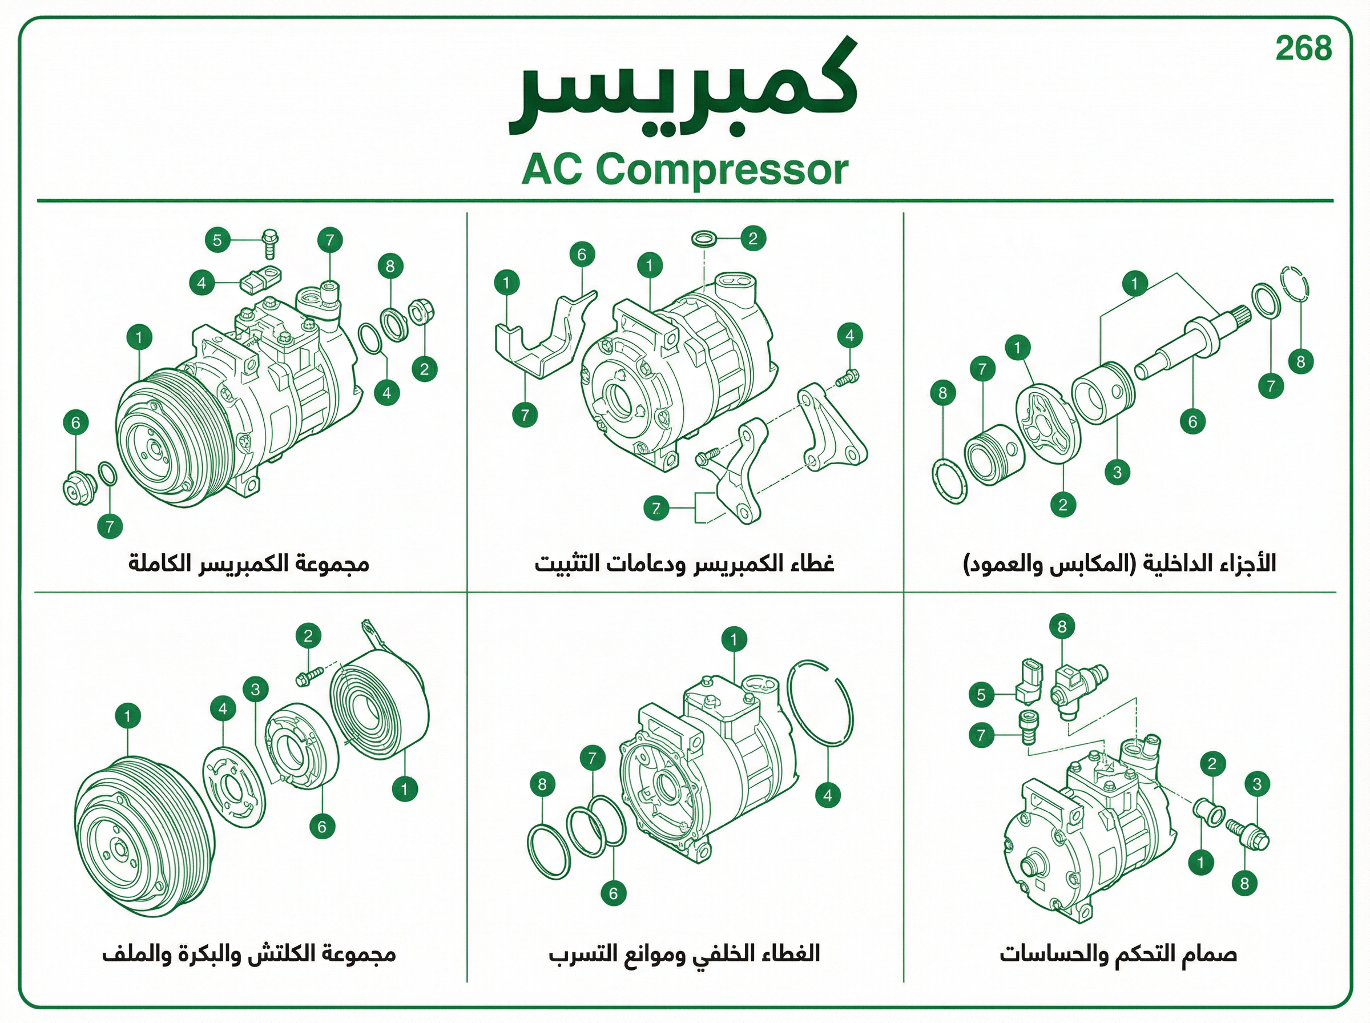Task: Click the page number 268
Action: [1304, 49]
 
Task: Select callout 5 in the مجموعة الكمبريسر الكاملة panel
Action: [217, 240]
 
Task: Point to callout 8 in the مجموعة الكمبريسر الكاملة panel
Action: [390, 266]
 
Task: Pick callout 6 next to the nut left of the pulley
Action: [76, 422]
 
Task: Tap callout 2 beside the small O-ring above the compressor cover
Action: [753, 239]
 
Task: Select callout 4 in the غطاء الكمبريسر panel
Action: [849, 336]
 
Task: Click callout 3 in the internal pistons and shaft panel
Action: [1118, 473]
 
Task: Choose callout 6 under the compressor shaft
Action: [1193, 422]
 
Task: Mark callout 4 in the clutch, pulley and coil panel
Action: [223, 709]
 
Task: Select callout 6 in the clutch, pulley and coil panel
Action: [322, 826]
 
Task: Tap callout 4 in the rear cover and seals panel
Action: [828, 795]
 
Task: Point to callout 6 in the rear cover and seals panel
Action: [614, 893]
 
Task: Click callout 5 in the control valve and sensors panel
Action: [981, 695]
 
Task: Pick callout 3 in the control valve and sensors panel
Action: [1257, 784]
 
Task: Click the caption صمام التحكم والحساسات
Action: [1118, 954]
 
